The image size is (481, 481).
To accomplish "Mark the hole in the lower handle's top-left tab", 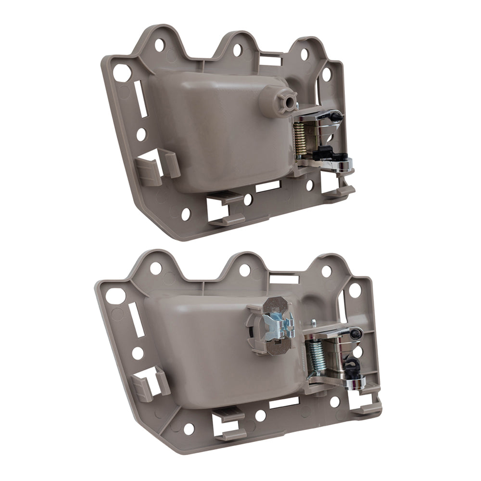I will [155, 268].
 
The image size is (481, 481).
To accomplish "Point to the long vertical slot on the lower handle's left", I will [136, 320].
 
